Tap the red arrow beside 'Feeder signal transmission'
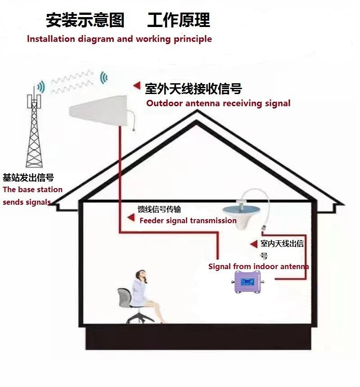[x=131, y=218]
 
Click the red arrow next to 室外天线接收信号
[x=136, y=85]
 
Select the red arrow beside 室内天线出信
[x=253, y=243]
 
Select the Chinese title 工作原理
[x=178, y=20]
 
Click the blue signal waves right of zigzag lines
[x=104, y=78]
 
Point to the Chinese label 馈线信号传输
[x=159, y=209]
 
